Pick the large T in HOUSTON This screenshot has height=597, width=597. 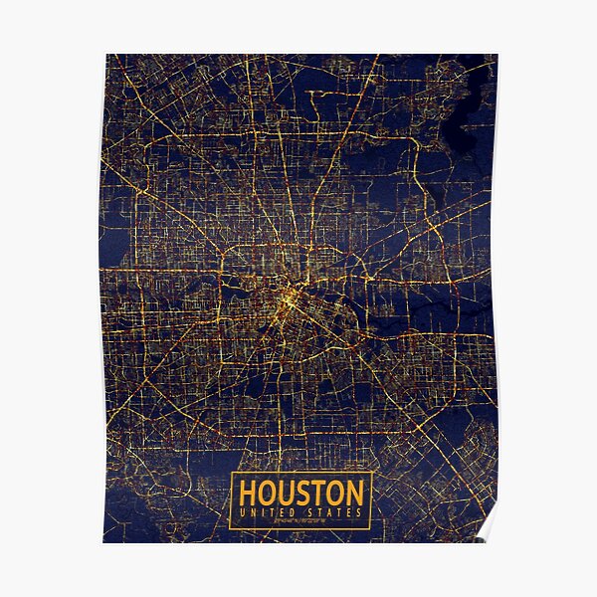tap(319, 493)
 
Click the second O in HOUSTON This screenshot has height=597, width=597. tap(335, 493)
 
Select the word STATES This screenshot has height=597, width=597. tap(334, 511)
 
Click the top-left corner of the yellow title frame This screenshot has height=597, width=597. tap(231, 473)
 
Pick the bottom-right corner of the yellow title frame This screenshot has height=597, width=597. tap(371, 528)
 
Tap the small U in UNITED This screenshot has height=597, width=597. tap(244, 511)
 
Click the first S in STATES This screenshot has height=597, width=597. tap(309, 511)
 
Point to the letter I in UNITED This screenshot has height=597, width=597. tap(264, 511)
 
